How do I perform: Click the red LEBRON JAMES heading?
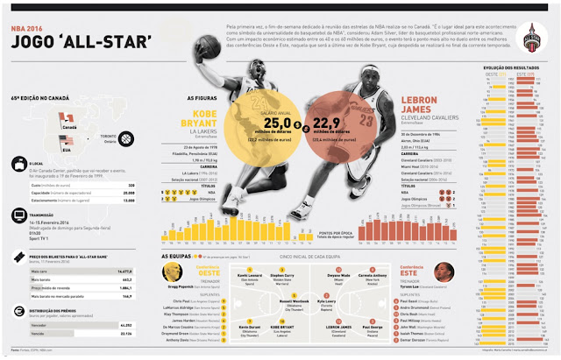403,118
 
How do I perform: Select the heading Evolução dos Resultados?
508,67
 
